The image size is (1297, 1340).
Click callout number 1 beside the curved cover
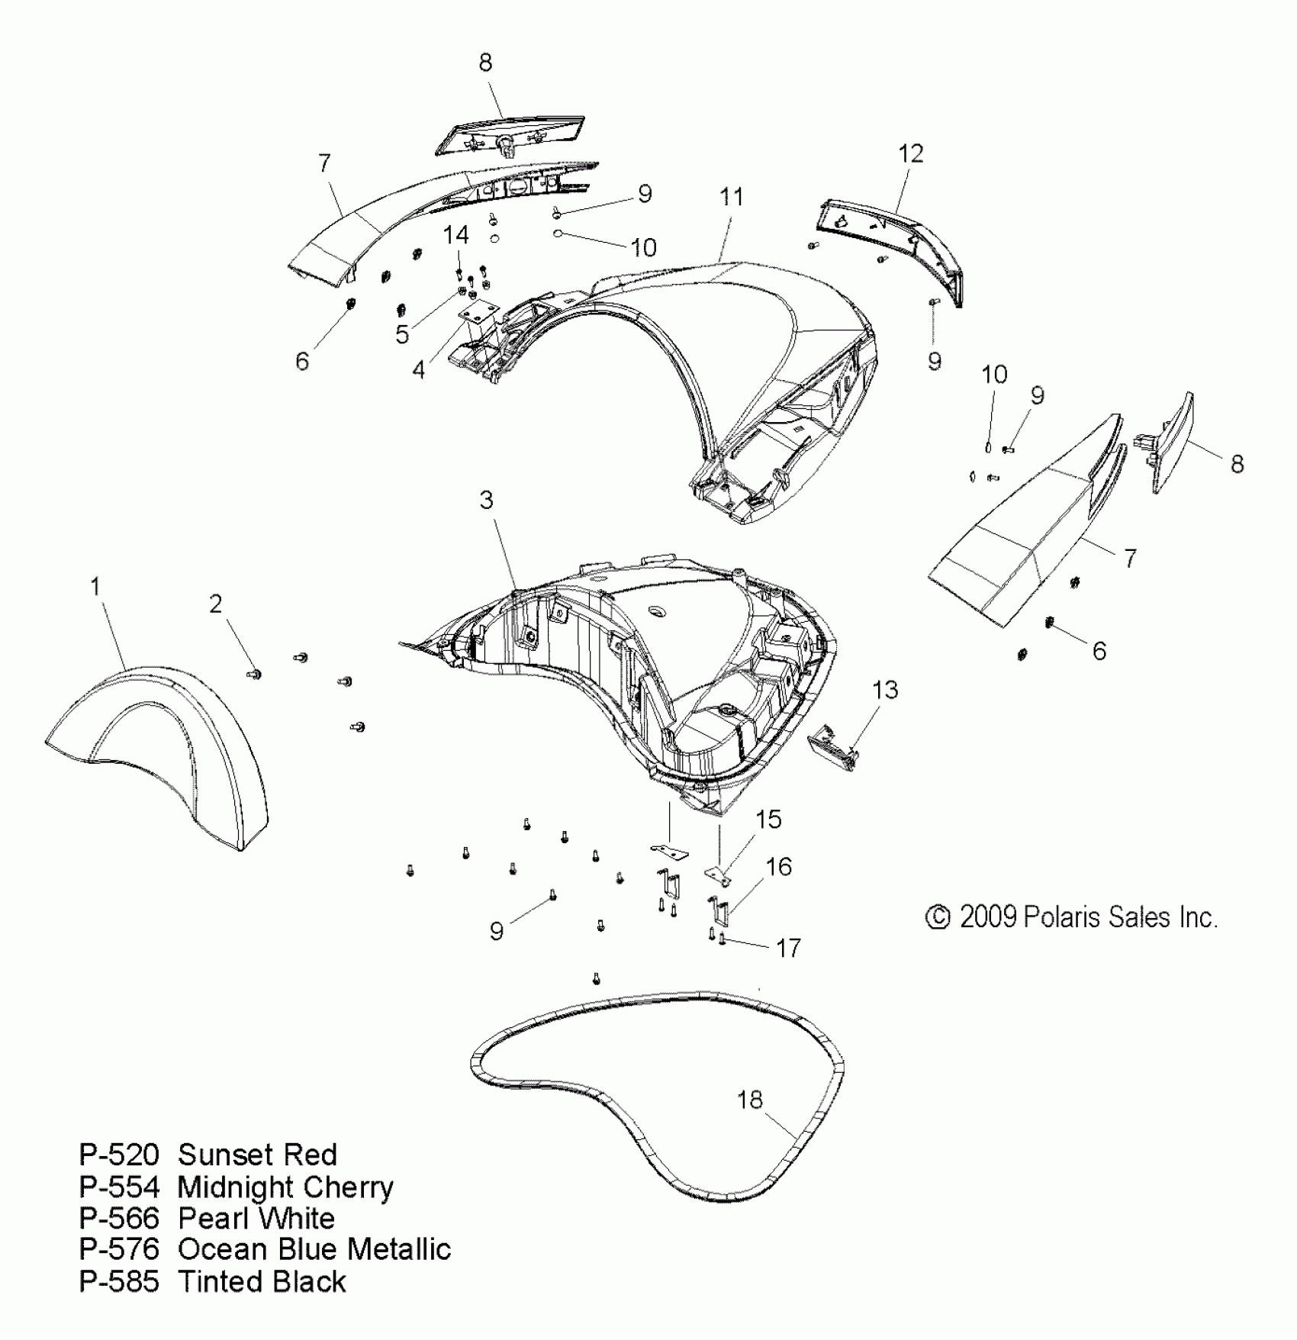click(95, 586)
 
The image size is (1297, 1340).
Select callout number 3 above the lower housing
click(486, 501)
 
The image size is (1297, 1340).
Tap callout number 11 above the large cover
click(731, 197)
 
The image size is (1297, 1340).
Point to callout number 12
click(911, 153)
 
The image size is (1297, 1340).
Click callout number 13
click(885, 690)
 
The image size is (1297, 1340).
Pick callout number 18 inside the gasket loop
click(750, 1100)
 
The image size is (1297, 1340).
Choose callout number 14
click(455, 235)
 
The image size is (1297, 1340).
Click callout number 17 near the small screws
click(788, 948)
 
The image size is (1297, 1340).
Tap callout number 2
click(216, 604)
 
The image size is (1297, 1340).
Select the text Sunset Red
click(257, 1155)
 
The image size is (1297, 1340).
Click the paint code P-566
click(119, 1218)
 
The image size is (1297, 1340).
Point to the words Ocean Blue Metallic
click(314, 1249)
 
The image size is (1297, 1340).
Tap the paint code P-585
click(119, 1281)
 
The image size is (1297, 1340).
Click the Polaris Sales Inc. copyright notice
click(1071, 916)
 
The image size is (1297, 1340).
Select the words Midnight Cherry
click(285, 1187)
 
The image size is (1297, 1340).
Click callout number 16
click(778, 867)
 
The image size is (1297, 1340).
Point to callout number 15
click(768, 820)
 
